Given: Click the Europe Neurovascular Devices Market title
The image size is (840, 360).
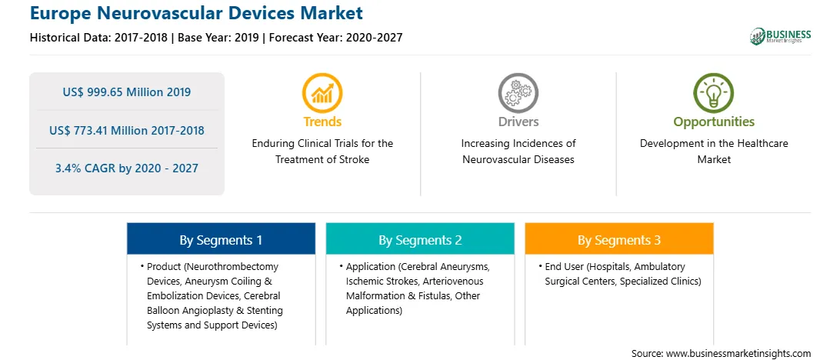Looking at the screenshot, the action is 196,12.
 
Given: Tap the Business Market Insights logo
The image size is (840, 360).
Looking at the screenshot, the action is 780,36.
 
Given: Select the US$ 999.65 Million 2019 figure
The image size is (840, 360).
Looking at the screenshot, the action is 126,92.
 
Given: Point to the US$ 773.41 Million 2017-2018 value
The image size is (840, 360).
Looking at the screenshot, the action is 126,130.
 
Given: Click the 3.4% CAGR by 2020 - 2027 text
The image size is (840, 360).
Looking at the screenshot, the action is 126,168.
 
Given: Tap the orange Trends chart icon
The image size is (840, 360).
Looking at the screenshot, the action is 322,93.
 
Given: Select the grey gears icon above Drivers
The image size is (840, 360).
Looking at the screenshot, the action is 518,93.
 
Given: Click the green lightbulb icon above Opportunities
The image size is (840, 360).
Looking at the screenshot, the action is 714,93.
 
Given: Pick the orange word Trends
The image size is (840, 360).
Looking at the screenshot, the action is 322,122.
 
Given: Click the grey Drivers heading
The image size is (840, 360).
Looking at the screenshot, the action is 518,122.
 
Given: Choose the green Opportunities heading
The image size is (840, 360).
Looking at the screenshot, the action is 714,122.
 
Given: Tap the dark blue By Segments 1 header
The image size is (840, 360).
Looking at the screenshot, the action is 222,239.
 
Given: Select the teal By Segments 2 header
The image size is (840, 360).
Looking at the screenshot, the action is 420,239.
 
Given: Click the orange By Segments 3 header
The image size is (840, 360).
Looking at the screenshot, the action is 619,239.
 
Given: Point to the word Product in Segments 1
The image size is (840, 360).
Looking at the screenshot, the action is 163,266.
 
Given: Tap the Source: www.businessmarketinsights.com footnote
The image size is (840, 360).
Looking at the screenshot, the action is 721,354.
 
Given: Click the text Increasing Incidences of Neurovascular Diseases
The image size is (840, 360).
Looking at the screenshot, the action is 518,151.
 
